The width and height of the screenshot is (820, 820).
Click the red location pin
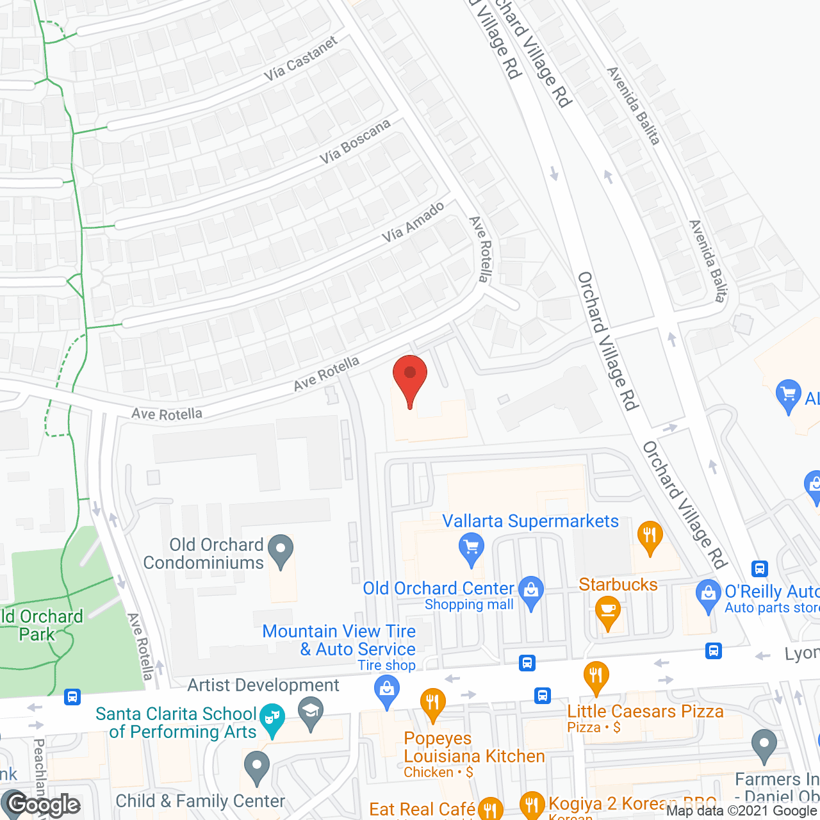pyautogui.click(x=410, y=378)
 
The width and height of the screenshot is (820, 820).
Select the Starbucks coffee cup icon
pyautogui.click(x=607, y=612)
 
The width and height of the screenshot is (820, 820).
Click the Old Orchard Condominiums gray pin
pyautogui.click(x=281, y=550)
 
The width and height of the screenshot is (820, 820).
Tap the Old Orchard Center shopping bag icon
pyautogui.click(x=531, y=591)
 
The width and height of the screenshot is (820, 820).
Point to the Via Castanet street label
pyautogui.click(x=300, y=59)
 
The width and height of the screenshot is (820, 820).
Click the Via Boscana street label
pyautogui.click(x=355, y=142)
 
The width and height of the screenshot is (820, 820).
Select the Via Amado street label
pyautogui.click(x=413, y=222)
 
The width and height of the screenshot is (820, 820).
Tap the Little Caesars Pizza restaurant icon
pyautogui.click(x=596, y=676)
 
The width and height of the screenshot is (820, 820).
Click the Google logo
pyautogui.click(x=44, y=805)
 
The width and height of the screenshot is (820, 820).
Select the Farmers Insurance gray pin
pyautogui.click(x=764, y=745)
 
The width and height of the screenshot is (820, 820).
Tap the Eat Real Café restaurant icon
pyautogui.click(x=490, y=808)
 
